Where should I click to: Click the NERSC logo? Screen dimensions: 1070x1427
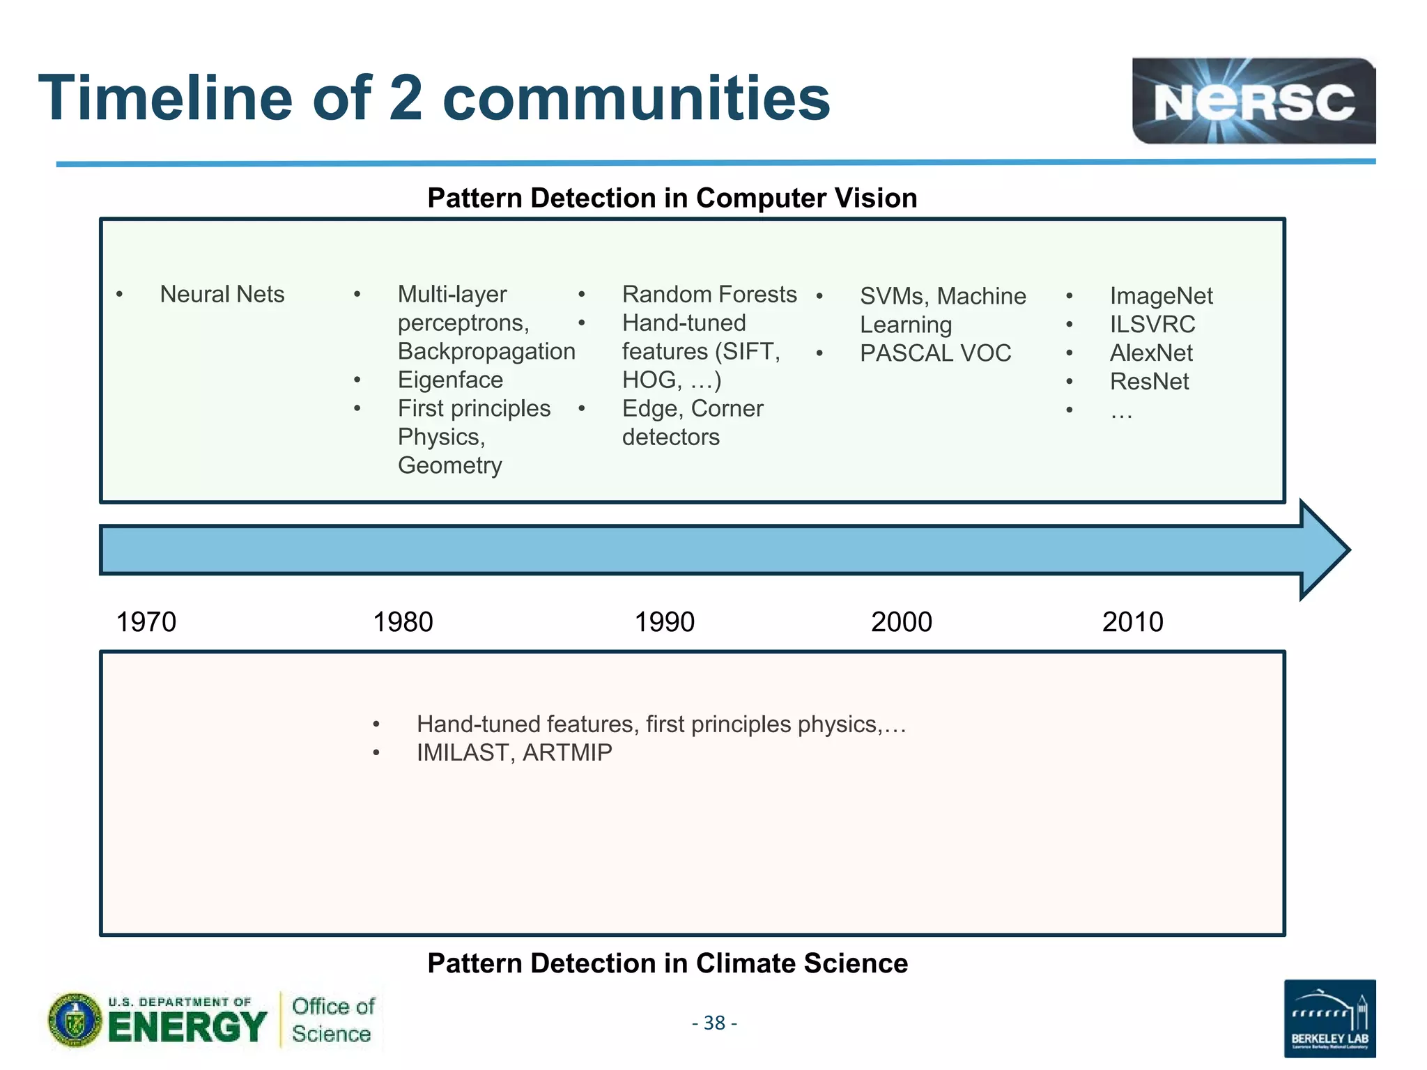tap(1253, 101)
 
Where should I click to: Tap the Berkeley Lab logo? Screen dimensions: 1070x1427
tap(1329, 1018)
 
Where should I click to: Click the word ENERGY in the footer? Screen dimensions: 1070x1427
tap(187, 1028)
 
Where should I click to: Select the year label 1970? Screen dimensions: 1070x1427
tap(146, 621)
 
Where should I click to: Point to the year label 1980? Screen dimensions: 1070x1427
tap(403, 621)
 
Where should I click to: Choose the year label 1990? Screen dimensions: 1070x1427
tap(664, 621)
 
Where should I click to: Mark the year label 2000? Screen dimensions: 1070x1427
tap(901, 621)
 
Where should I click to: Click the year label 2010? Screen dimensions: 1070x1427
tap(1132, 621)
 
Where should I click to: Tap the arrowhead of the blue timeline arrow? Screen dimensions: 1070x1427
tap(1324, 550)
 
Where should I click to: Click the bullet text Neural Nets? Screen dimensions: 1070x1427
tap(222, 294)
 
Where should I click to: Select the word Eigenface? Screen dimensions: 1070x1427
tap(450, 380)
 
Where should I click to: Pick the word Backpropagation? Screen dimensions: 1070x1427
tap(486, 351)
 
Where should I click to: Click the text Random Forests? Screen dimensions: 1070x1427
tap(709, 294)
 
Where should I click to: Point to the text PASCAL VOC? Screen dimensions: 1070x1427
tap(935, 353)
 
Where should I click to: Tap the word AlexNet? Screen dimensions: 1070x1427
tap(1150, 352)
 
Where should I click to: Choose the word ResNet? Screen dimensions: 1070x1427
tap(1149, 381)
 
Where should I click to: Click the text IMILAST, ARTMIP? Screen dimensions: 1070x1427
tap(514, 752)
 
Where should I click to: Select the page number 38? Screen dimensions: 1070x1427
tap(714, 1023)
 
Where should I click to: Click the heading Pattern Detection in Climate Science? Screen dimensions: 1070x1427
tap(667, 963)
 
